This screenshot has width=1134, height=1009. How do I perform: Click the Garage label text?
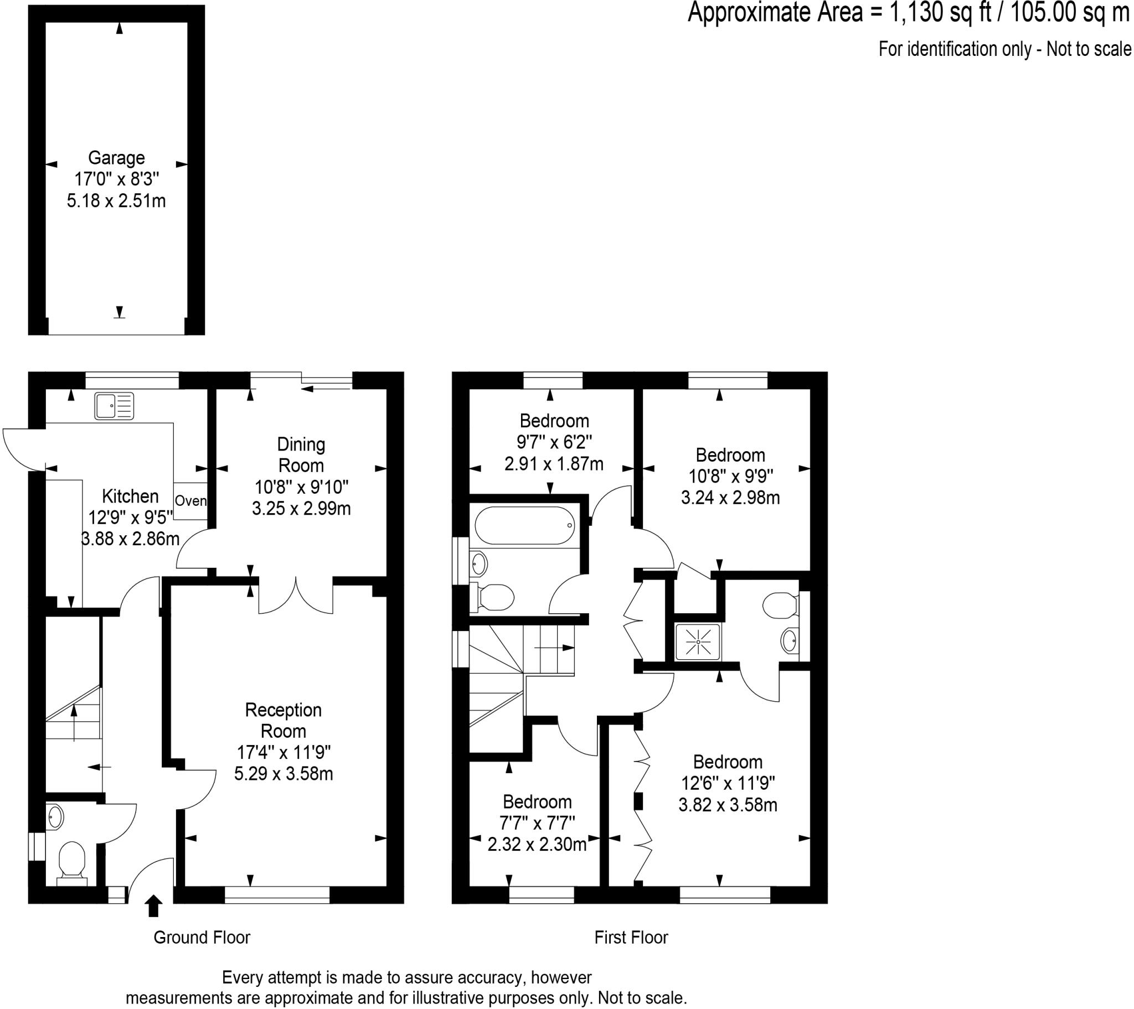point(116,158)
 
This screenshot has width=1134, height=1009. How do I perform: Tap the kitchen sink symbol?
point(114,406)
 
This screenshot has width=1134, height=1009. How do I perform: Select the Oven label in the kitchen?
point(190,501)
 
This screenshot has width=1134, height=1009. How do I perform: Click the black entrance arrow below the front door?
point(153,906)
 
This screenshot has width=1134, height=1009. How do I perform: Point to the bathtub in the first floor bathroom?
point(525,525)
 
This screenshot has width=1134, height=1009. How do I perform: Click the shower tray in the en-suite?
point(697,643)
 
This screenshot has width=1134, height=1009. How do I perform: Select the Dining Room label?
point(301,454)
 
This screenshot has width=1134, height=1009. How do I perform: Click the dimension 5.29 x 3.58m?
point(283,773)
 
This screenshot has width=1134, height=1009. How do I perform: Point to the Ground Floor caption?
point(202,938)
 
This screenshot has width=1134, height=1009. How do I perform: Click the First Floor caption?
point(631,938)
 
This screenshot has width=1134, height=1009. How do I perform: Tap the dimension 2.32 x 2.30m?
point(537,844)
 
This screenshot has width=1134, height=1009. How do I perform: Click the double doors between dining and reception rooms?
point(296,596)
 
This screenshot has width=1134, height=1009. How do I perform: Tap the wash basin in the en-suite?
point(788,641)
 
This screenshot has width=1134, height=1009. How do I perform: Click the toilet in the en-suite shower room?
point(779,605)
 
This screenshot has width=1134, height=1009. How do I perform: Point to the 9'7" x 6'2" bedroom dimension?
point(554,442)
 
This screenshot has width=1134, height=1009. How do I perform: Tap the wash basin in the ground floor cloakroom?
point(55,816)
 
